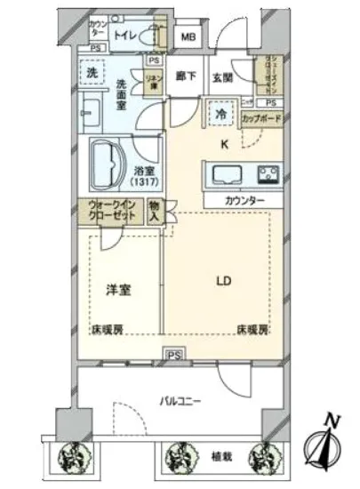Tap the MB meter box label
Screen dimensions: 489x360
pyautogui.click(x=188, y=38)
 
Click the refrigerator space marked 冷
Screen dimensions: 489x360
pyautogui.click(x=219, y=113)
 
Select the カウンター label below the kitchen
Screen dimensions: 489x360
pyautogui.click(x=245, y=202)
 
